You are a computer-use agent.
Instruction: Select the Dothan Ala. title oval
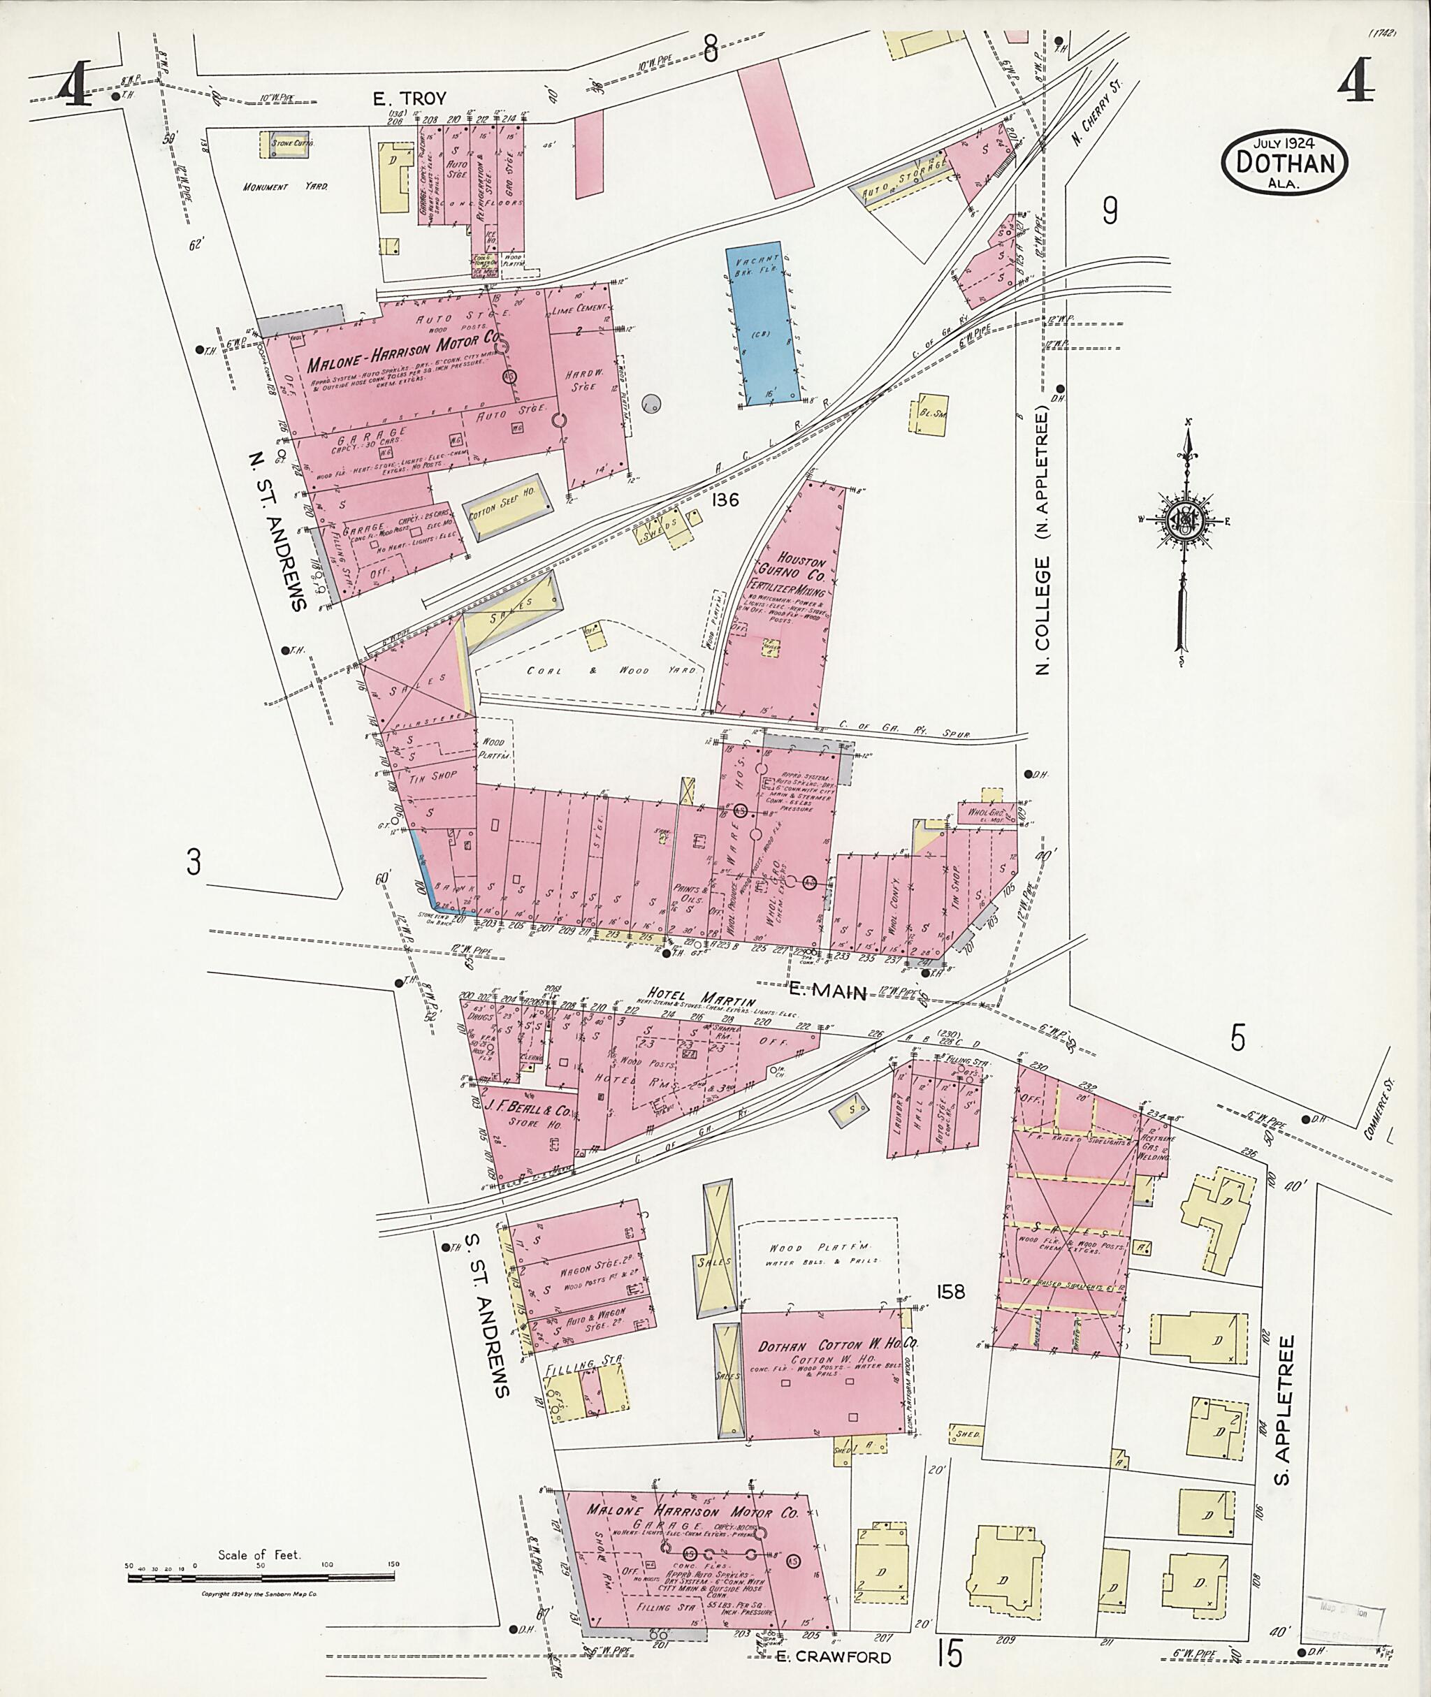[1284, 163]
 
